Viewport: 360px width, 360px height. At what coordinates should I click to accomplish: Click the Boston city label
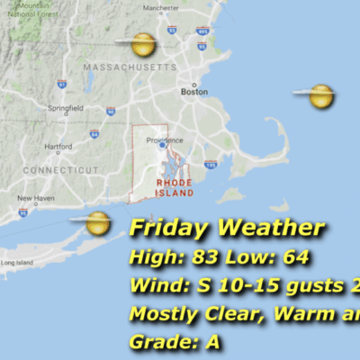click(194, 92)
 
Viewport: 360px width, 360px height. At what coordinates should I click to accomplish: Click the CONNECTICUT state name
click(61, 169)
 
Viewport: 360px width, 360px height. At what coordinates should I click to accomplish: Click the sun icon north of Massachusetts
click(142, 43)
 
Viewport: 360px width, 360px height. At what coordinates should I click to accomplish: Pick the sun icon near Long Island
click(97, 221)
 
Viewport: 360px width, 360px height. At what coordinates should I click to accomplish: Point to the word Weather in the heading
click(274, 229)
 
